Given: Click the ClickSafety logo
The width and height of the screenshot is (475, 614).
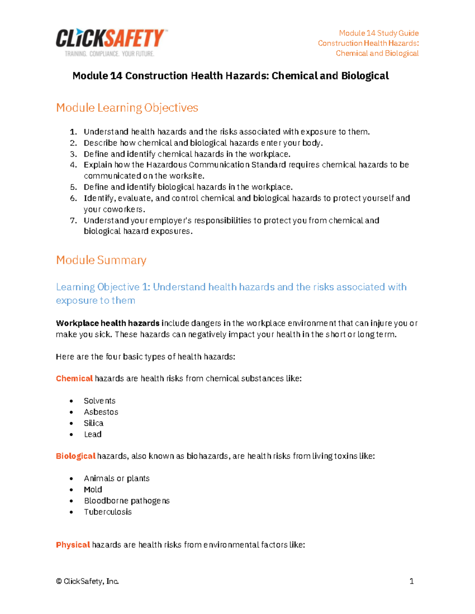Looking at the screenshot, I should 110,39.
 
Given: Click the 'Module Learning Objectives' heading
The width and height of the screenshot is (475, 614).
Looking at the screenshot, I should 127,108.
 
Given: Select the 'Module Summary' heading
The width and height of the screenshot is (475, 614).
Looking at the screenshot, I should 101,260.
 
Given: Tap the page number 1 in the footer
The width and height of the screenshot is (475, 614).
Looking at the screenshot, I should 412,581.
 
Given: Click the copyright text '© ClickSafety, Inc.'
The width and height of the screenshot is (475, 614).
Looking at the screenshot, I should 87,581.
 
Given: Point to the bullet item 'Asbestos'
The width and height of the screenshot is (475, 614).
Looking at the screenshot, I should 101,412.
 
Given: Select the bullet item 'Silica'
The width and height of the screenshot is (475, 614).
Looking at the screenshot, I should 93,423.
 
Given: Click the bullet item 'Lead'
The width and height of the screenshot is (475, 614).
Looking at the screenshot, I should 93,434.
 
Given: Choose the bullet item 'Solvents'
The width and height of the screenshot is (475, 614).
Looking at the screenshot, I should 100,401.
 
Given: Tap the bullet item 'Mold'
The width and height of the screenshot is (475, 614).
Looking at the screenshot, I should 93,489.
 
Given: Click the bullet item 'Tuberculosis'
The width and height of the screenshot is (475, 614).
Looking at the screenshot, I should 108,512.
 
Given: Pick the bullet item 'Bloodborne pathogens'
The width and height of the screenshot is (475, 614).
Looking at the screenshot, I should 127,501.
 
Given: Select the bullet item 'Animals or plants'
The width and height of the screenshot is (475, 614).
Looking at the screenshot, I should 117,478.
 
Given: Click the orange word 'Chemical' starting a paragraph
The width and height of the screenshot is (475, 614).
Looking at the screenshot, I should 74,378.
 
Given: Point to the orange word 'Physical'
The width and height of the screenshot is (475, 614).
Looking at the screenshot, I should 73,545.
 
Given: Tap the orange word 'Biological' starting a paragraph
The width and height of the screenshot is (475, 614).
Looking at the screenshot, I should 76,456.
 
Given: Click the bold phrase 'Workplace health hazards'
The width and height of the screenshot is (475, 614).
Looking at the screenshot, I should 108,323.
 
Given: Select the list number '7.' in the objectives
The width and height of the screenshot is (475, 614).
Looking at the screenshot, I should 74,220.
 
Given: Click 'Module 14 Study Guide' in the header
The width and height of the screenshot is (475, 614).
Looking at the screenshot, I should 379,33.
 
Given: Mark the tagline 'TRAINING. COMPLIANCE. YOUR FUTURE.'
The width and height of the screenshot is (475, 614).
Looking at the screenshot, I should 110,54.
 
